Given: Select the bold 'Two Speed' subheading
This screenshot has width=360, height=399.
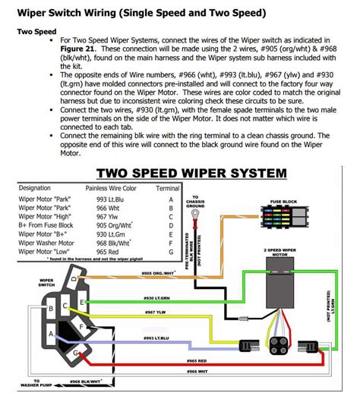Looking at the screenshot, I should (36, 31).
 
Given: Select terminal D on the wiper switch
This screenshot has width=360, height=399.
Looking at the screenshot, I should (74, 278).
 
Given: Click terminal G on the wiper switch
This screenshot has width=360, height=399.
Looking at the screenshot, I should (76, 353).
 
